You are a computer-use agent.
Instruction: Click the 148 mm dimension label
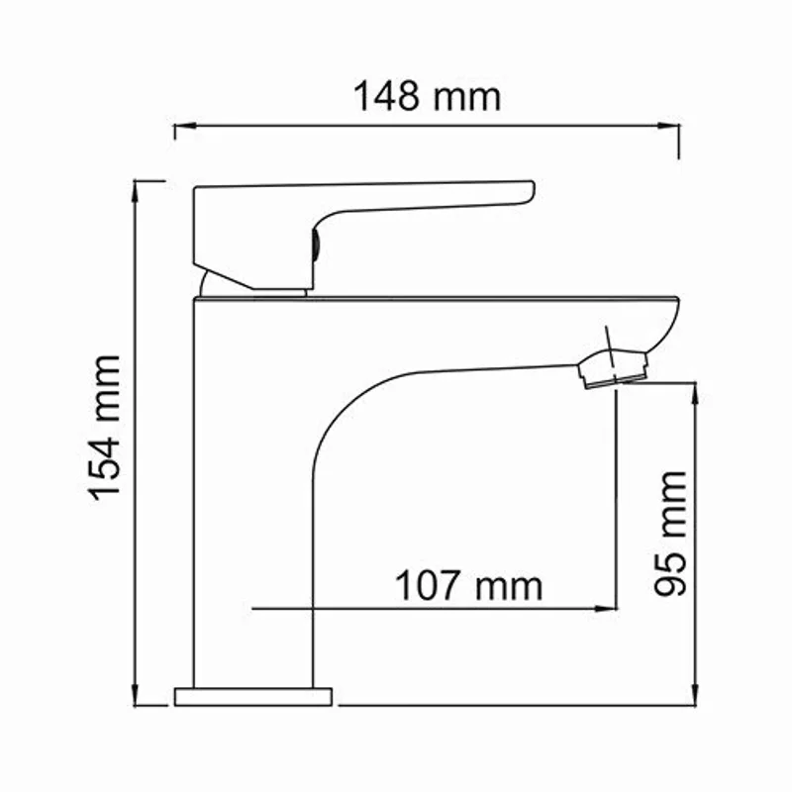pyautogui.click(x=428, y=97)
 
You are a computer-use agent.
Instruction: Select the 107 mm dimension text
pyautogui.click(x=469, y=586)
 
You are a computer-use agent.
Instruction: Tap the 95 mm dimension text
pyautogui.click(x=670, y=533)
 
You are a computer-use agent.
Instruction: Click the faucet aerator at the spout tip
pyautogui.click(x=614, y=368)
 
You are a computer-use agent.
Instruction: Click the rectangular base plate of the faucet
pyautogui.click(x=253, y=696)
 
